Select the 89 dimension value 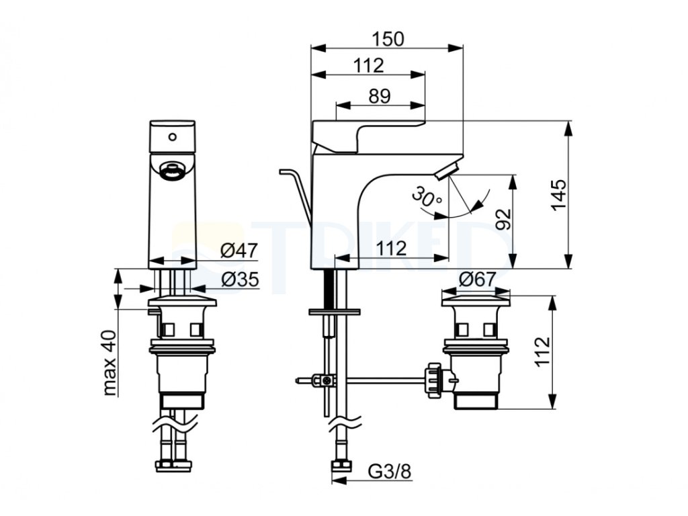[380, 96]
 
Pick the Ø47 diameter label [239, 251]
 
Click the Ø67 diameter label [477, 279]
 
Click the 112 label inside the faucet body [391, 249]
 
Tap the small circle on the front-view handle [172, 137]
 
